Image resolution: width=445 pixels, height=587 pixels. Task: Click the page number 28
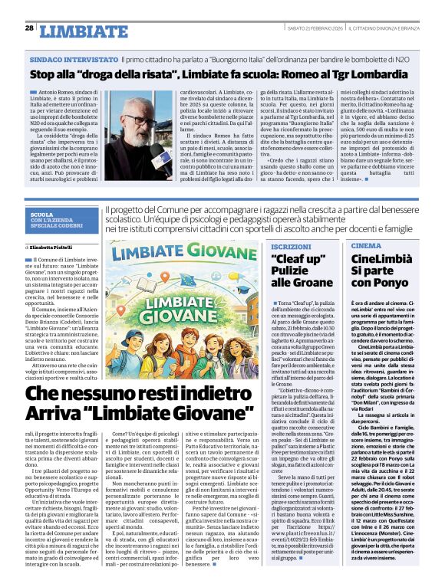(x=29, y=28)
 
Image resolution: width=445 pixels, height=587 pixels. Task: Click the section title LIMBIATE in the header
(x=83, y=31)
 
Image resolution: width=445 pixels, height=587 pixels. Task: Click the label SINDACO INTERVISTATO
(x=74, y=58)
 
